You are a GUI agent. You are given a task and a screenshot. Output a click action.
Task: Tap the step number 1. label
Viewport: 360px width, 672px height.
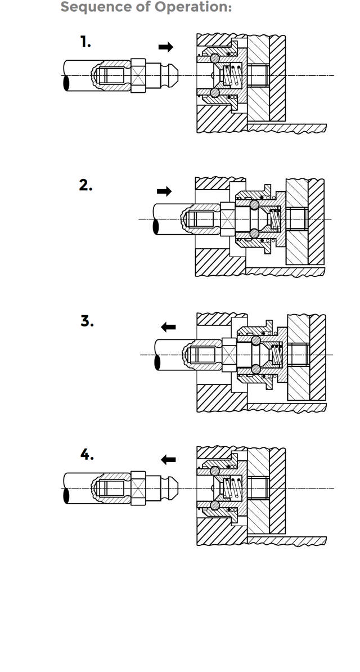85,42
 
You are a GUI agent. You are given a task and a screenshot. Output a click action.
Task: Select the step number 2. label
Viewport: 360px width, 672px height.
85,185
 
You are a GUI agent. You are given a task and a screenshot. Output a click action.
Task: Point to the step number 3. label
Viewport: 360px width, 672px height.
87,321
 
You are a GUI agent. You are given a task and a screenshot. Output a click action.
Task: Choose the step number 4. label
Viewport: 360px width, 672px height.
87,454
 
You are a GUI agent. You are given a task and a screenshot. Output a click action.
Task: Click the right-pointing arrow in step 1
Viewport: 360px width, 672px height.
166,47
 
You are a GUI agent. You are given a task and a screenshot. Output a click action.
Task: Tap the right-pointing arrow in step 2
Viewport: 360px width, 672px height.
164,191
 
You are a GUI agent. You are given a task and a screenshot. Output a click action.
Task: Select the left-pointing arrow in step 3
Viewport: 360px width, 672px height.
168,327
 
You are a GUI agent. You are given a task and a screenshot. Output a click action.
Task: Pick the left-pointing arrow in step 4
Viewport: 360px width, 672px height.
168,460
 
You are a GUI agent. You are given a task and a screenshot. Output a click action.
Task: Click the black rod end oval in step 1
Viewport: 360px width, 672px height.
67,83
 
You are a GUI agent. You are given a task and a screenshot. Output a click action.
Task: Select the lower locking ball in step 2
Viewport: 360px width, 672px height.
255,233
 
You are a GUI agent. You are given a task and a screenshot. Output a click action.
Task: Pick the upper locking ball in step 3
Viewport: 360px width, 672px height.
256,340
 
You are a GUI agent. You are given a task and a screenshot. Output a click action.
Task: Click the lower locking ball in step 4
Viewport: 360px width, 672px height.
214,505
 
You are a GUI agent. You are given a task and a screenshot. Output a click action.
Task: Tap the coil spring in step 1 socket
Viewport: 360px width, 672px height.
230,75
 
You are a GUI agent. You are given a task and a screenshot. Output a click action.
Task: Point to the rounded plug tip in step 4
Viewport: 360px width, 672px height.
175,487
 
